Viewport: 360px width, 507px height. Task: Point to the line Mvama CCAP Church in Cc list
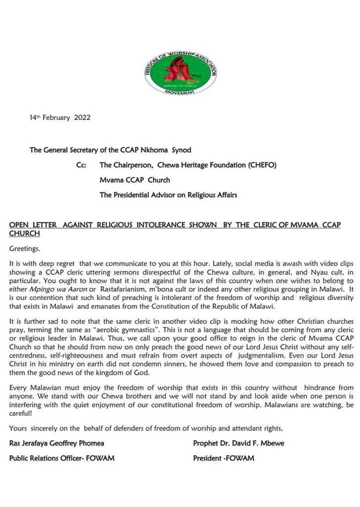(x=135, y=179)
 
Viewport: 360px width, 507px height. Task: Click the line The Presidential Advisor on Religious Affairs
(x=168, y=194)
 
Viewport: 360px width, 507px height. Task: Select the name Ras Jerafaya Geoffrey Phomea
(x=57, y=443)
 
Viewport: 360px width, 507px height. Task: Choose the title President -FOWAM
(x=223, y=458)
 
